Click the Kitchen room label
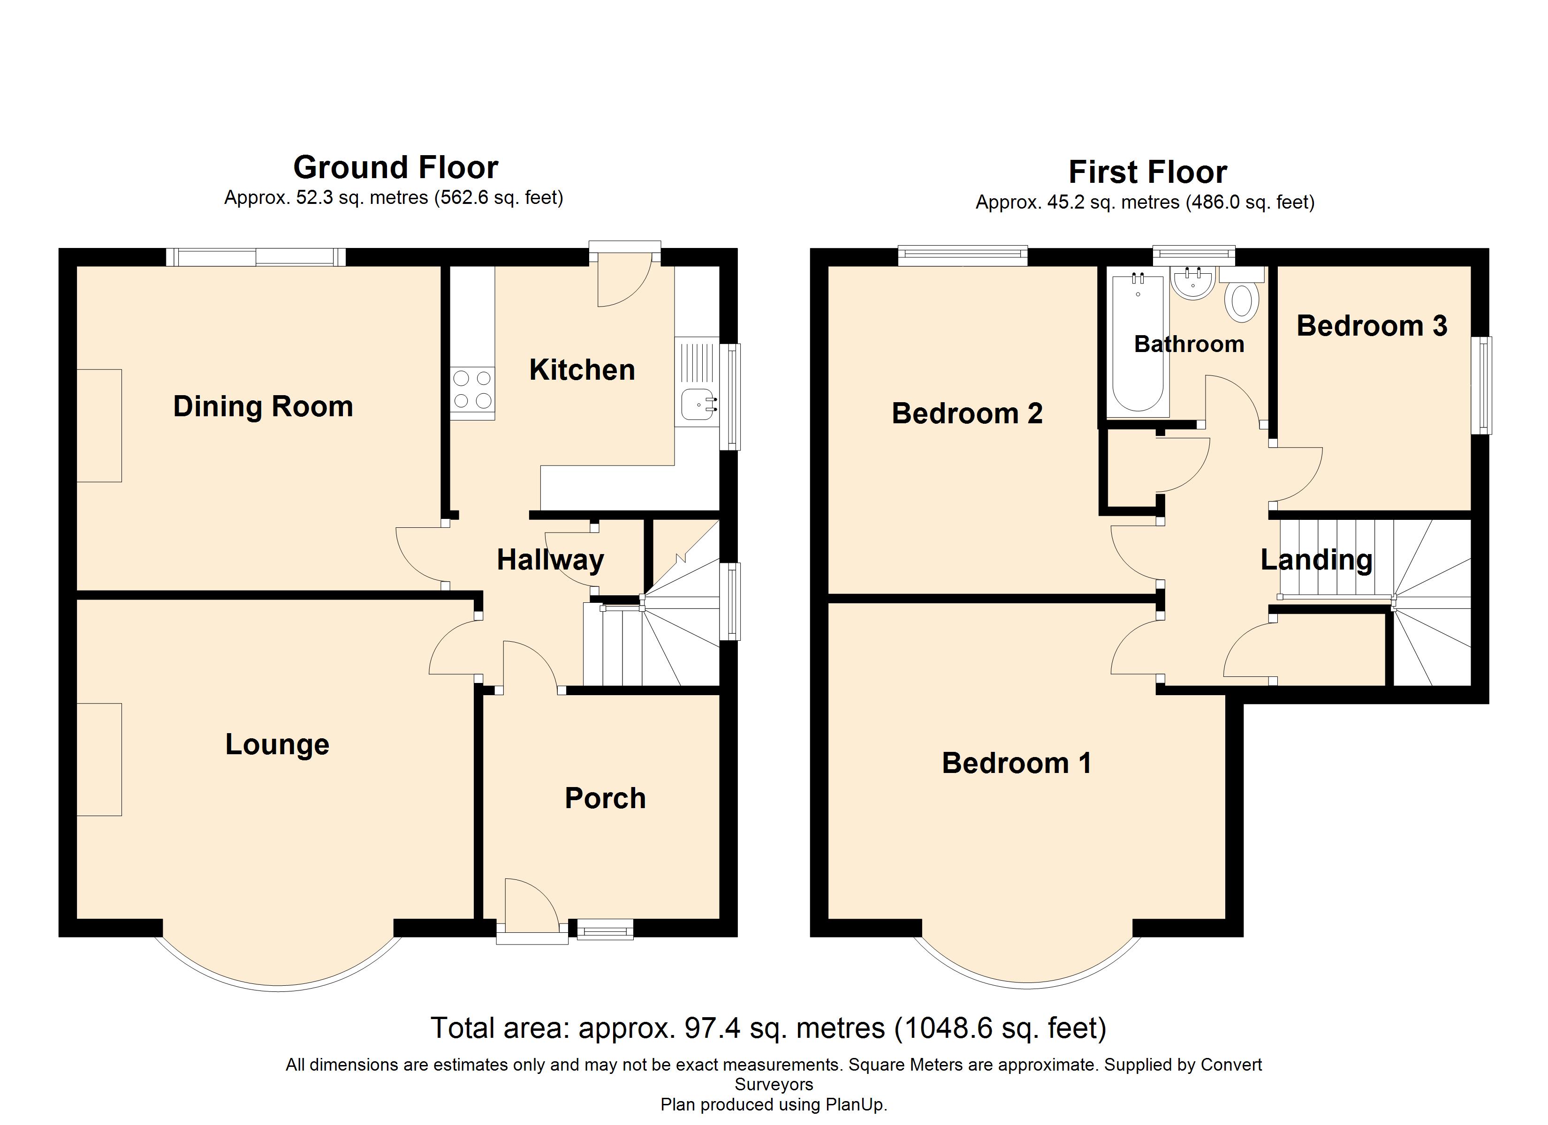[582, 370]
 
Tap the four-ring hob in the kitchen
[472, 389]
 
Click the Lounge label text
[277, 745]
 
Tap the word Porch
[606, 798]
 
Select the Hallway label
[550, 560]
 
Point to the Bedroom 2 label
[967, 413]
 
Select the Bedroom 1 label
[1017, 763]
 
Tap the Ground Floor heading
[396, 167]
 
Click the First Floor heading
[1148, 172]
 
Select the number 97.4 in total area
[713, 1028]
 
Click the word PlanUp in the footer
[855, 1104]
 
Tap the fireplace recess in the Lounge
[99, 759]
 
